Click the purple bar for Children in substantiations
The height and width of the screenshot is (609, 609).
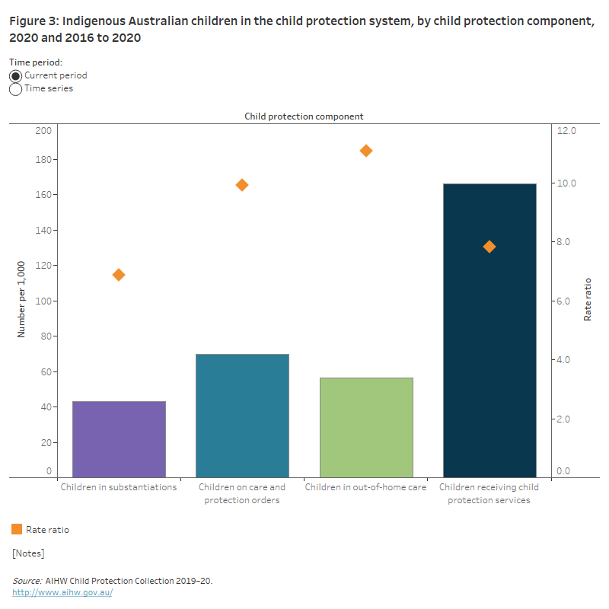coord(119,439)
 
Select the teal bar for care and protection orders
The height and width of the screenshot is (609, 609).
coord(242,416)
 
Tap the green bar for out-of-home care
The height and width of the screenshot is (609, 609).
coord(366,427)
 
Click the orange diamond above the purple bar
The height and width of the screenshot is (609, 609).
coord(119,275)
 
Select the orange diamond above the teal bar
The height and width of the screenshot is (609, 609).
coord(242,185)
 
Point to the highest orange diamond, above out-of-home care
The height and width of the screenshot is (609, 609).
coord(366,151)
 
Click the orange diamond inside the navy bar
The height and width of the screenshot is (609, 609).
coord(489,247)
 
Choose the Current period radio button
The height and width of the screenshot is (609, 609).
coord(16,76)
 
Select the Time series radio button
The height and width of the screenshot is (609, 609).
coord(16,89)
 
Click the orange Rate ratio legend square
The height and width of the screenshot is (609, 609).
coord(17,529)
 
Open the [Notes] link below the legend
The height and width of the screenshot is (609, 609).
coord(28,553)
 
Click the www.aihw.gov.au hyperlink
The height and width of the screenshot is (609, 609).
coord(62,592)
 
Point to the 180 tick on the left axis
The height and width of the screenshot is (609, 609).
coord(43,160)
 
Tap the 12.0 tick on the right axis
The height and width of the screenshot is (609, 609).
coord(567,131)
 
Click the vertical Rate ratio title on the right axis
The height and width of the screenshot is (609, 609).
coord(588,299)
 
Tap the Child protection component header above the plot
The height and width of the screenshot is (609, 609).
coord(304,116)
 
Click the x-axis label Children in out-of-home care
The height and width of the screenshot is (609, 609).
coord(365,487)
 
